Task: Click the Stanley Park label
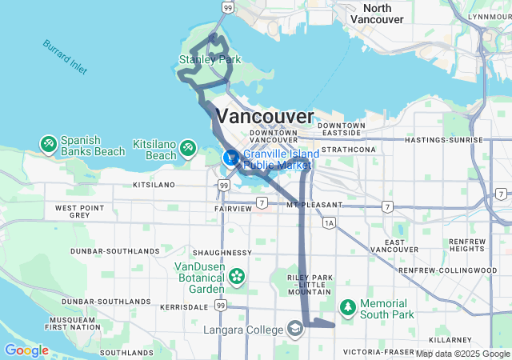tap(210, 59)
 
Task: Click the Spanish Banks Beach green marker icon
tap(49, 144)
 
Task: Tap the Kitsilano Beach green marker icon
tap(188, 148)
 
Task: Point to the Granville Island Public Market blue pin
tap(230, 157)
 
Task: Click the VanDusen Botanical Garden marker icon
tap(237, 277)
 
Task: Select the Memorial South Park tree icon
tap(348, 306)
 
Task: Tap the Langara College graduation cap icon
tap(294, 329)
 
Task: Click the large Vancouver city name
tap(265, 116)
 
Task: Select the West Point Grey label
tap(78, 211)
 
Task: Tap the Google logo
tap(26, 350)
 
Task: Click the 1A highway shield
tap(330, 223)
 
